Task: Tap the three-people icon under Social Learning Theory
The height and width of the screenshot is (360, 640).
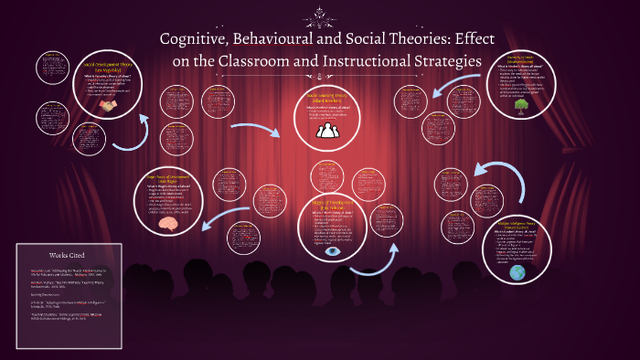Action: coord(327,131)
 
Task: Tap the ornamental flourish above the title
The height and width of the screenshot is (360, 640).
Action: coord(319,15)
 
